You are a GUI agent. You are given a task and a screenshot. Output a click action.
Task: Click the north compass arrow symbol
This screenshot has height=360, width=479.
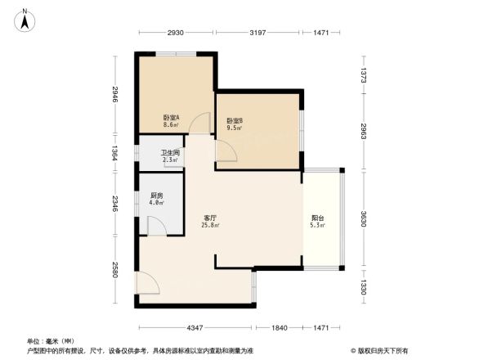point(26,19)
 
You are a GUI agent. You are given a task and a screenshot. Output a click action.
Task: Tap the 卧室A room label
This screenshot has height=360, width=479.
point(171,117)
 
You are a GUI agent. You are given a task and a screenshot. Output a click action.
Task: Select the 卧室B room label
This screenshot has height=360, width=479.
point(235,120)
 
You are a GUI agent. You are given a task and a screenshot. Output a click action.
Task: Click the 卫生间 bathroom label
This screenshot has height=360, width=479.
point(170,153)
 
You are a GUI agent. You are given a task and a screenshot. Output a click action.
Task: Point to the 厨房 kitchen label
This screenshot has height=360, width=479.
point(157,195)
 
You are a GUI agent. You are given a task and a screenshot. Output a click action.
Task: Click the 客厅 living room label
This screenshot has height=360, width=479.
point(210,218)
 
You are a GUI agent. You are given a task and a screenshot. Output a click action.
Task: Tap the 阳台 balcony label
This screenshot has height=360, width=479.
point(317,218)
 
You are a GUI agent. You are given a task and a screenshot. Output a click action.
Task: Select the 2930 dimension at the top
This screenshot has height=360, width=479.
point(176,32)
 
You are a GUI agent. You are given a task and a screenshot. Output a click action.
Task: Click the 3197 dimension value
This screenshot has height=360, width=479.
point(258,32)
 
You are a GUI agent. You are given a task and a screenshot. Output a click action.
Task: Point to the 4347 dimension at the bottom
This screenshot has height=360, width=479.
point(195,327)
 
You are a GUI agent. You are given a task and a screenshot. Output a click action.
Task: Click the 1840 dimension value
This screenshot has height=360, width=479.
point(280,327)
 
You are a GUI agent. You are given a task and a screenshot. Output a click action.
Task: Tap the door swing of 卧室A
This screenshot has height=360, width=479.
point(199,123)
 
